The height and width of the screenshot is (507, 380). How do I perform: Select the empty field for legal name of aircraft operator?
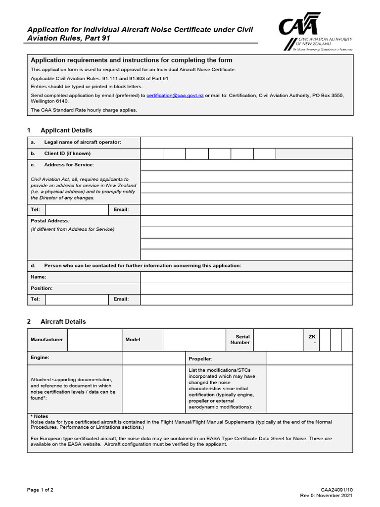pyautogui.click(x=246, y=143)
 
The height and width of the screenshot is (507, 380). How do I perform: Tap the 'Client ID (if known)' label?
pyautogui.click(x=67, y=153)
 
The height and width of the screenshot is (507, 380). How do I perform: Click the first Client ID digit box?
pyautogui.click(x=151, y=153)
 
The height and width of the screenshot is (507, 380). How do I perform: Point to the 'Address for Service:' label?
pyautogui.click(x=69, y=164)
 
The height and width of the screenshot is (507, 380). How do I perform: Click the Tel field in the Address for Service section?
pyautogui.click(x=77, y=210)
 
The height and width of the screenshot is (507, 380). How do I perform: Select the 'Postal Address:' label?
pyautogui.click(x=50, y=221)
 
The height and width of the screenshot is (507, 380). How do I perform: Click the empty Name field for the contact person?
pyautogui.click(x=246, y=277)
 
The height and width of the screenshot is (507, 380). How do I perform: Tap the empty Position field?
pyautogui.click(x=246, y=288)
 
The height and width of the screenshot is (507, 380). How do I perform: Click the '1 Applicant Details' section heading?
pyautogui.click(x=59, y=130)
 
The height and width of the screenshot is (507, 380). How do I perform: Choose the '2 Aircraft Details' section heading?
pyautogui.click(x=56, y=321)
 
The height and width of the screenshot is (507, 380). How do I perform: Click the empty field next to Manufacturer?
pyautogui.click(x=95, y=340)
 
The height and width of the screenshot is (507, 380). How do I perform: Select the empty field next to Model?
pyautogui.click(x=194, y=340)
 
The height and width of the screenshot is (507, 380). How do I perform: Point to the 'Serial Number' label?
pyautogui.click(x=240, y=340)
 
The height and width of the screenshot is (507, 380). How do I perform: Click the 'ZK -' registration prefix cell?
pyautogui.click(x=311, y=340)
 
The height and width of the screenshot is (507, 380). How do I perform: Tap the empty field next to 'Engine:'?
pyautogui.click(x=153, y=358)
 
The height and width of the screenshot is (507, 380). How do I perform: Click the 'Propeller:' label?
pyautogui.click(x=201, y=358)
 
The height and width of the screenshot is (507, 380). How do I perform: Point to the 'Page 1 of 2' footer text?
pyautogui.click(x=40, y=490)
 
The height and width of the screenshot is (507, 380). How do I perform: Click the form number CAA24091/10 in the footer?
pyautogui.click(x=337, y=490)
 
